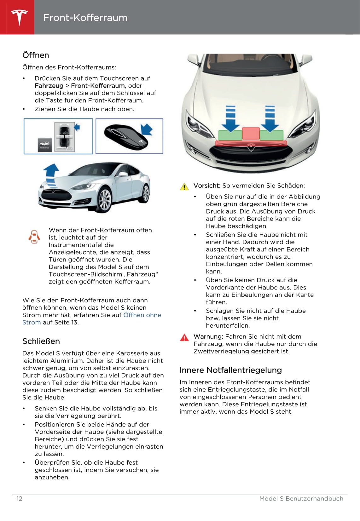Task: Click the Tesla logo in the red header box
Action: [19, 17]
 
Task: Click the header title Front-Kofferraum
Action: [85, 18]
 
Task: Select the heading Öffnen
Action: [36, 55]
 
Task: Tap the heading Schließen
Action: [41, 341]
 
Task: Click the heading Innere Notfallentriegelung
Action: [230, 370]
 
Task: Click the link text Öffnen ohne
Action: [142, 315]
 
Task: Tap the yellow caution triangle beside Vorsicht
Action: [184, 186]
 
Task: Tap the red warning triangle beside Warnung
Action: [184, 337]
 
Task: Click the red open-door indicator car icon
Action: [34, 237]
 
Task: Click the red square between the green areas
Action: [251, 134]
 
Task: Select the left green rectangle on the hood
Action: [230, 135]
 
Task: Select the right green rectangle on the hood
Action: [271, 135]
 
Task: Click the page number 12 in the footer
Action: [19, 499]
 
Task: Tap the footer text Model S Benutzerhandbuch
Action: [301, 499]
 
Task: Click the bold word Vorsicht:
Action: [207, 186]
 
